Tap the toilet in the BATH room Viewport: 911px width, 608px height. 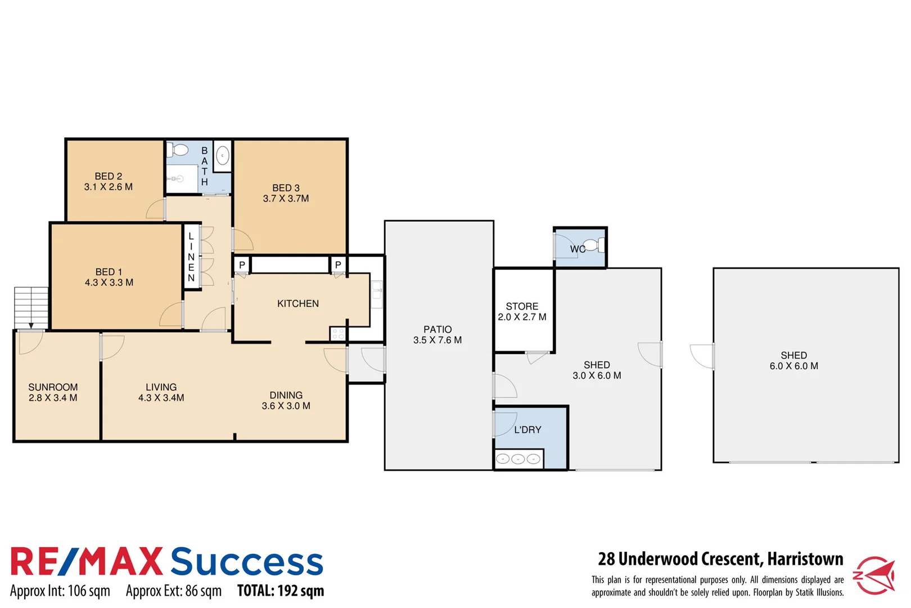click(179, 150)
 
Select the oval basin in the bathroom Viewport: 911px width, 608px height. click(223, 155)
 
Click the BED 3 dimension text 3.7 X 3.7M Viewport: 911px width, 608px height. click(286, 199)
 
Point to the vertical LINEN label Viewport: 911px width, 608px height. click(191, 257)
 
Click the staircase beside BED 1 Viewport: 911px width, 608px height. click(31, 307)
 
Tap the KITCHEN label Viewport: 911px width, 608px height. click(297, 304)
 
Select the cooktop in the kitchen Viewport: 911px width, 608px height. click(338, 334)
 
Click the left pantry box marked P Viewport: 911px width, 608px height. click(242, 265)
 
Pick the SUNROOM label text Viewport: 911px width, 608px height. click(53, 387)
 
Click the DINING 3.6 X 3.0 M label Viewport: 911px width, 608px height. click(286, 400)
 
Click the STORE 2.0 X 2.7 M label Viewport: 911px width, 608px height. click(522, 311)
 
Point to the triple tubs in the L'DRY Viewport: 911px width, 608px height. click(518, 459)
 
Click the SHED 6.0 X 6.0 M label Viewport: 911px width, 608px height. click(793, 360)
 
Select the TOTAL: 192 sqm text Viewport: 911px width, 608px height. click(281, 591)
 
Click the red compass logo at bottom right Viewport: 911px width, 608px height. click(874, 575)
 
